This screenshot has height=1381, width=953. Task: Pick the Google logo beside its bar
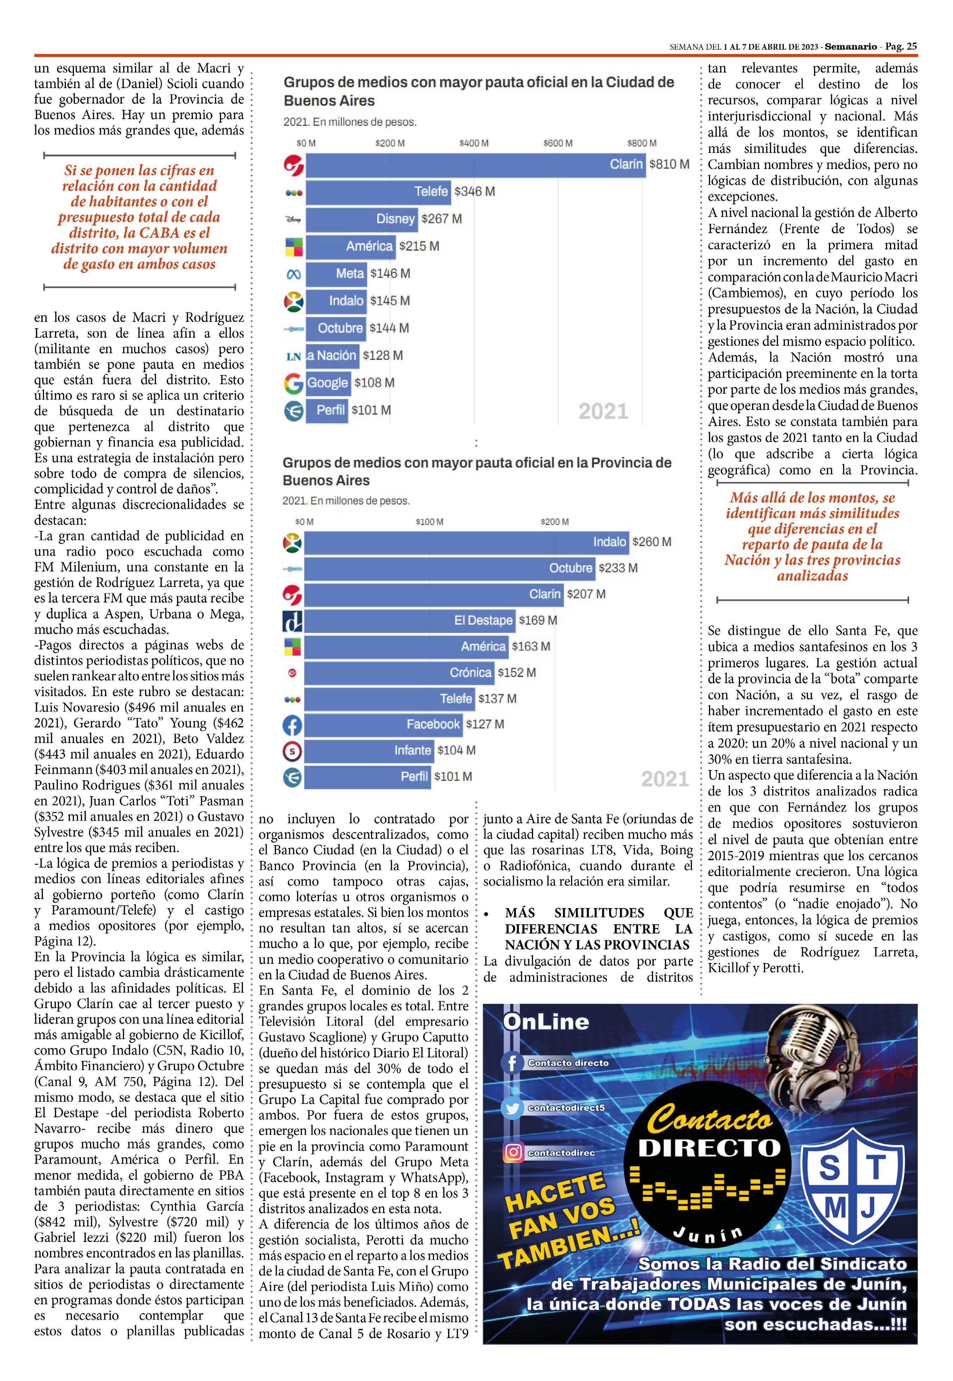(x=293, y=383)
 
